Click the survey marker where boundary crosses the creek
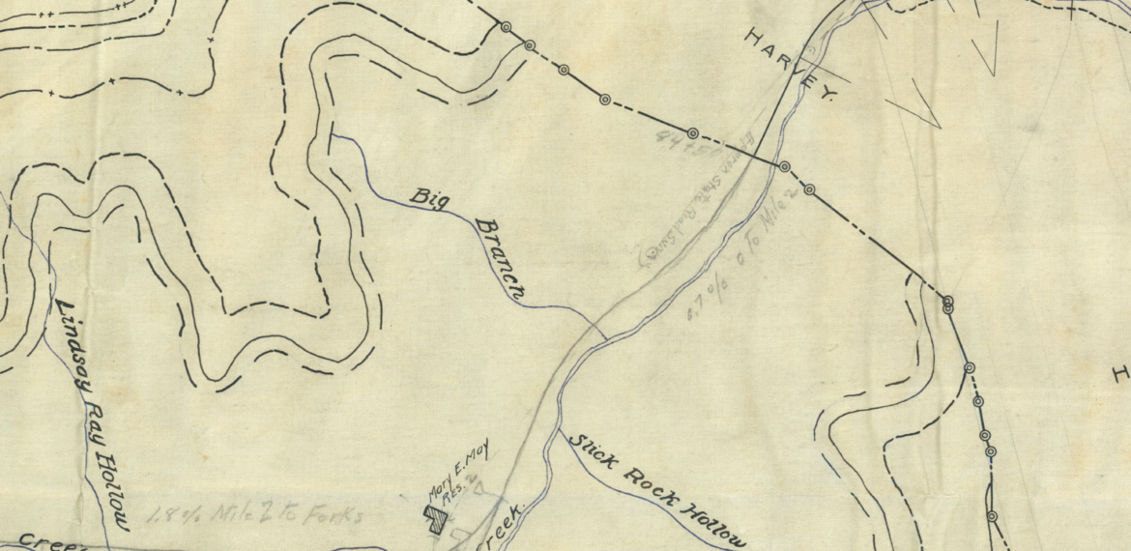pyautogui.click(x=785, y=167)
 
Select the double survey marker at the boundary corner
pyautogui.click(x=948, y=304)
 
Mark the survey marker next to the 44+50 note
pyautogui.click(x=692, y=132)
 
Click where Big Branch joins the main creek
pyautogui.click(x=607, y=339)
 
